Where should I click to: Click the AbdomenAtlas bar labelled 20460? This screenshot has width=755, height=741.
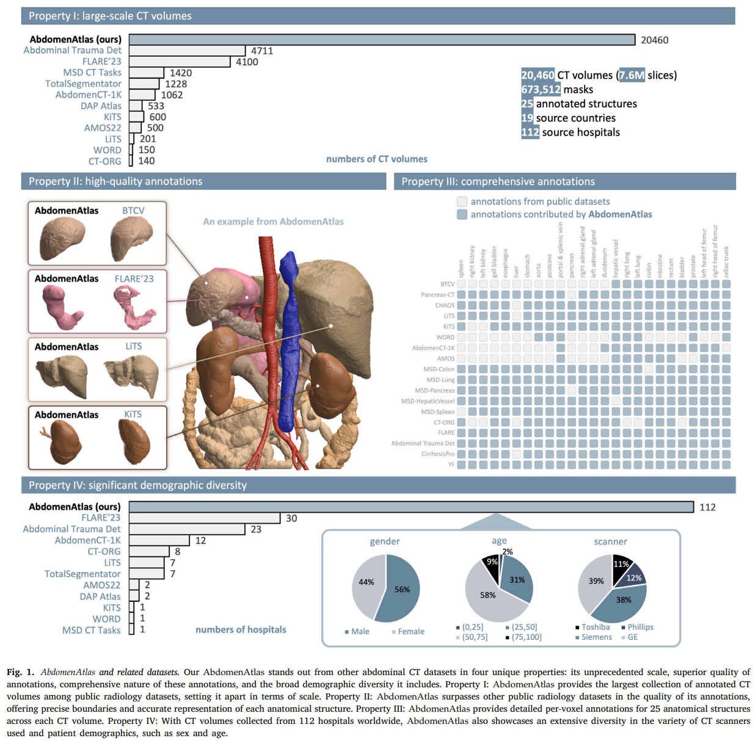(x=382, y=40)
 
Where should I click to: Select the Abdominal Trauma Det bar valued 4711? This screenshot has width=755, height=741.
(x=187, y=51)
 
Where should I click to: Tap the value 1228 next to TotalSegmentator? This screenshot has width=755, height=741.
(x=176, y=84)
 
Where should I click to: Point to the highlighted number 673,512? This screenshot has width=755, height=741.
(x=541, y=90)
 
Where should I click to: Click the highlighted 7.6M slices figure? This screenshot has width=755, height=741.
(x=632, y=75)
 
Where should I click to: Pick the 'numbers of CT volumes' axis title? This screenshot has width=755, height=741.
(x=376, y=159)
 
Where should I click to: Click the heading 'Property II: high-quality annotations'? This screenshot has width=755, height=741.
(x=115, y=181)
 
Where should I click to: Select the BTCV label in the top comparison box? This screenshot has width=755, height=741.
(x=133, y=211)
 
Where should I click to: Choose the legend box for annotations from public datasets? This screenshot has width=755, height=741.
(x=462, y=201)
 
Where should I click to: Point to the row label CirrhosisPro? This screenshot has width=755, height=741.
(x=438, y=454)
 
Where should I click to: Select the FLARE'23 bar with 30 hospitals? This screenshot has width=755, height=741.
(x=205, y=518)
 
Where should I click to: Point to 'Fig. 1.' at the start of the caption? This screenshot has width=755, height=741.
(x=20, y=672)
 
